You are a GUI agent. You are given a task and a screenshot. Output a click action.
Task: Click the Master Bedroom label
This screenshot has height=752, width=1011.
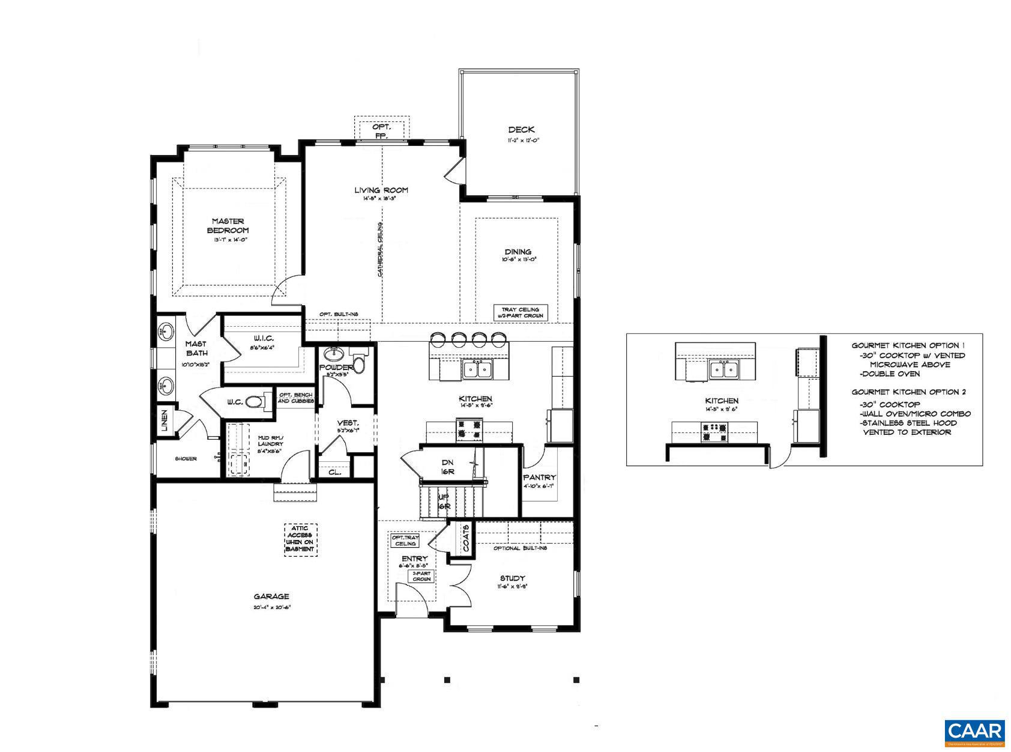pos(228,226)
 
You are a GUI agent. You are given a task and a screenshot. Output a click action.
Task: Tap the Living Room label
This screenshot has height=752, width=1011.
pos(381,190)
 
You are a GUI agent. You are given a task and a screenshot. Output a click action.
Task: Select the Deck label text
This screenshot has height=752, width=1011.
pos(521,130)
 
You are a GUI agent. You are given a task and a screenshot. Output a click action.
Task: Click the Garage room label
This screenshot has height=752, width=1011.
pos(271,596)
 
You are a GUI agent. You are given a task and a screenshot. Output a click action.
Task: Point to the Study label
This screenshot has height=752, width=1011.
pos(512,578)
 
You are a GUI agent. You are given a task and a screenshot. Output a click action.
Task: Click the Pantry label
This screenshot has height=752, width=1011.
pos(539,478)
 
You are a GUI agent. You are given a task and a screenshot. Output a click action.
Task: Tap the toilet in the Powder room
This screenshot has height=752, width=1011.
pos(359,363)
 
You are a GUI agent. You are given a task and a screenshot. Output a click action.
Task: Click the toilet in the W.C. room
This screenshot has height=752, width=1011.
pos(255,401)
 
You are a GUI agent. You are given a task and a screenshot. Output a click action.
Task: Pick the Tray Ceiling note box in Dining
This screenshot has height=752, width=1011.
pos(521,312)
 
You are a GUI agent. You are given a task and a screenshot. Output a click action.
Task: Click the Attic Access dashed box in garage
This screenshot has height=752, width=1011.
pos(300,539)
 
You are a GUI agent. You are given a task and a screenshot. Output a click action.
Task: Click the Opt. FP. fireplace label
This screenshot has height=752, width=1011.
pos(381,131)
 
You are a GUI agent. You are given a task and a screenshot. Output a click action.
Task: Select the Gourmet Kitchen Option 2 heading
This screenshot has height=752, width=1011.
pos(908,392)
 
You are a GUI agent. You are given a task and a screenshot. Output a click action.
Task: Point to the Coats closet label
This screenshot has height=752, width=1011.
pos(467,539)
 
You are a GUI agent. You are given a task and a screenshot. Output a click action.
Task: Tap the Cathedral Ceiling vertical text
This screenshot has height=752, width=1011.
pos(380,249)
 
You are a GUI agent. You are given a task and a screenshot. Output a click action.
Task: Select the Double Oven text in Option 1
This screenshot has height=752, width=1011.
pos(889,374)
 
